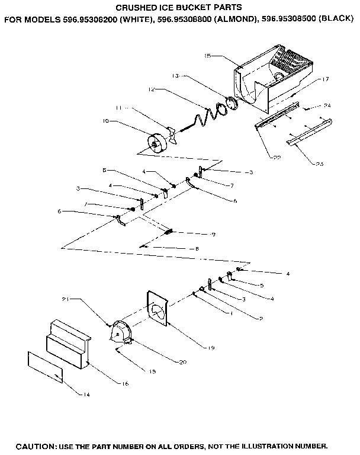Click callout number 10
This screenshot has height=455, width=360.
click(x=106, y=122)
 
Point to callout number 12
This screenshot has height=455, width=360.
click(x=152, y=89)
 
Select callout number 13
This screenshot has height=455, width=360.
click(x=175, y=76)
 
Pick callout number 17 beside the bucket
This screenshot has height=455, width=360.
click(x=325, y=79)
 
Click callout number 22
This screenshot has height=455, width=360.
click(x=277, y=157)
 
